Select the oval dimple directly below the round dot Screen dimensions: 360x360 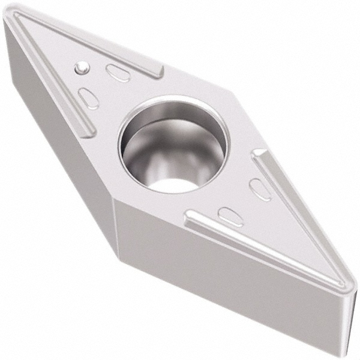tap(89, 98)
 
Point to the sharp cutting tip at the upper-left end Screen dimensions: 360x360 tap(7, 16)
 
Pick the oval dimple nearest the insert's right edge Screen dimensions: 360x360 tap(260, 190)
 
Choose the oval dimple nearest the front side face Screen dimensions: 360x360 tap(230, 216)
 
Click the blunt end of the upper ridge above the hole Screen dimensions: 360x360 tap(157, 71)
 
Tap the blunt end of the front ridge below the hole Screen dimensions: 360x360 tap(191, 216)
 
